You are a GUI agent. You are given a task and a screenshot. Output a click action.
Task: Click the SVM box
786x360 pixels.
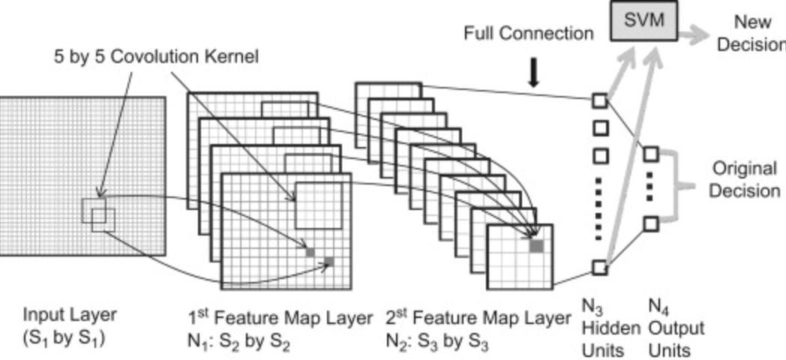click(644, 20)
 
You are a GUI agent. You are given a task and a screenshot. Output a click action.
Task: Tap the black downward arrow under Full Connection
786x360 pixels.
click(533, 72)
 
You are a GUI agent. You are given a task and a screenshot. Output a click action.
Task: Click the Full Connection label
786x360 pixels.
click(528, 34)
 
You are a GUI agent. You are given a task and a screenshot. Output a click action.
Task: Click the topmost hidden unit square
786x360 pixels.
click(598, 100)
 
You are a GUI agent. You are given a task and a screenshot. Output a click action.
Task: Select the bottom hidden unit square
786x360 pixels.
click(598, 266)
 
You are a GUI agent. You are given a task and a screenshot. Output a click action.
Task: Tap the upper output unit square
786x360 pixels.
click(650, 154)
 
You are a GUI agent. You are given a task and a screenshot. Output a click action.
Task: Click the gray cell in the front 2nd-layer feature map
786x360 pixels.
click(536, 244)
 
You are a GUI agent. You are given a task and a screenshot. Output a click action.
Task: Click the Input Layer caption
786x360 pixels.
click(70, 324)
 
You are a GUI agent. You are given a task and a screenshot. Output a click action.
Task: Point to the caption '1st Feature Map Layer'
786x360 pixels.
click(279, 317)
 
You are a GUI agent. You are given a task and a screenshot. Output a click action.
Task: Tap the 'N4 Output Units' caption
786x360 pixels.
click(675, 328)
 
